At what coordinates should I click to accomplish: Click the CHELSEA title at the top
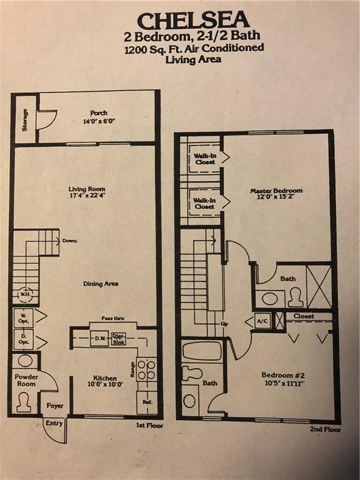pos(194,20)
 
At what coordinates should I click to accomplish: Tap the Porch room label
pos(99,113)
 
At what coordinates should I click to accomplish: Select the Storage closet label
pos(25,120)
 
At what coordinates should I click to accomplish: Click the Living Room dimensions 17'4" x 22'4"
pos(87,196)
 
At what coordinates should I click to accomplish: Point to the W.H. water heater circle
pos(24,294)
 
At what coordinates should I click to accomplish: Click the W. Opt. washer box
pos(23,317)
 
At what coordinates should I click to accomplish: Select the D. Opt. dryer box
pos(23,339)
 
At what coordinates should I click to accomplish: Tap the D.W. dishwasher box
pos(99,338)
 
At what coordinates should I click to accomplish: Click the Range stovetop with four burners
pos(147,369)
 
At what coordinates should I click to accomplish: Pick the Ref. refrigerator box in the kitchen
pos(147,402)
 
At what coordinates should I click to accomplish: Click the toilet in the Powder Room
pos(23,402)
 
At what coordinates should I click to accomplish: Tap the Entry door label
pos(54,423)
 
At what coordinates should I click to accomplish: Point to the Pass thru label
pos(113,318)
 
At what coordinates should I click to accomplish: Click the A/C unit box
pos(262,321)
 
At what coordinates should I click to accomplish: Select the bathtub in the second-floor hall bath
pos(202,351)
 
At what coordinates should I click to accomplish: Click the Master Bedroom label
pos(276,191)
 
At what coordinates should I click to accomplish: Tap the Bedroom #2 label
pos(283,375)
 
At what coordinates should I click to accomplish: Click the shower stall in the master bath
pos(319,286)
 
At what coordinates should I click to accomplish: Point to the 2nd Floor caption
pos(325,429)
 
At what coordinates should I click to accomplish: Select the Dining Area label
pos(101,284)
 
